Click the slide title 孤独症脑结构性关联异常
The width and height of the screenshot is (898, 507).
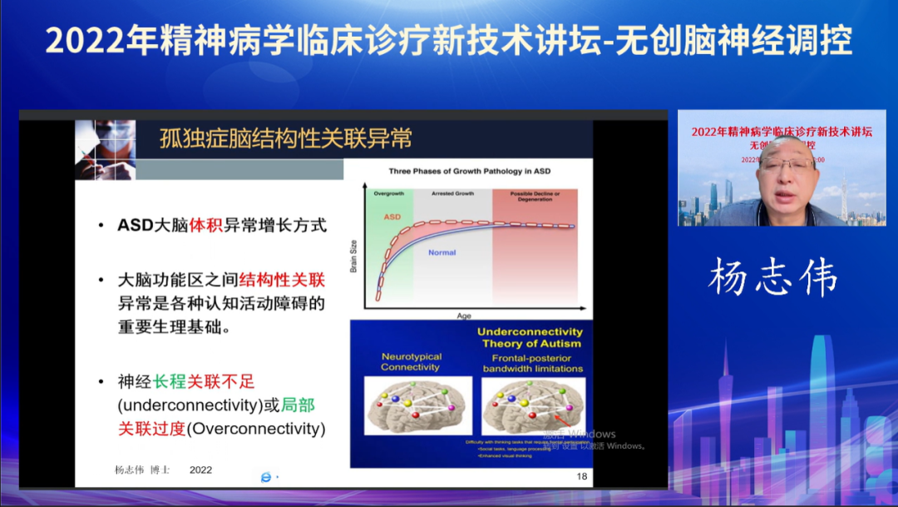[x=285, y=138]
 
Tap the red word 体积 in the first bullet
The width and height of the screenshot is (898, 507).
[x=207, y=226]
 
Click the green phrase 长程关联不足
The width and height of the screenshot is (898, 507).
[x=204, y=382]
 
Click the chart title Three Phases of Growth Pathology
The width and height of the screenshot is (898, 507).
[x=469, y=171]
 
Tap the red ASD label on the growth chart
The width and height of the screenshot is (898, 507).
[x=392, y=216]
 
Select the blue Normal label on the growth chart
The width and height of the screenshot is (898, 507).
[x=442, y=252]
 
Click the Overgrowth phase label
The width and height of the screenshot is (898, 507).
[x=388, y=193]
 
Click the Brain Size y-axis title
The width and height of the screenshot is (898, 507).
[x=353, y=257]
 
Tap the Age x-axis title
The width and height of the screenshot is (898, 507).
[x=463, y=316]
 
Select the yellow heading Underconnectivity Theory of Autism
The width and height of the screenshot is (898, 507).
[x=530, y=337]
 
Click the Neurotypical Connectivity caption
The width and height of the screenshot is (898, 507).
[x=411, y=361]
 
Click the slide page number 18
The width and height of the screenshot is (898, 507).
[x=581, y=476]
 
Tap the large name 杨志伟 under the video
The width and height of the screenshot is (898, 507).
[x=772, y=278]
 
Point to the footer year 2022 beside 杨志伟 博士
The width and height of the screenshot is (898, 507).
[x=200, y=470]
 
